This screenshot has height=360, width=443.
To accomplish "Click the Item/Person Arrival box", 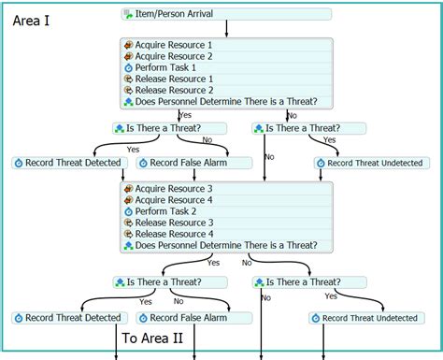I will click(226, 14).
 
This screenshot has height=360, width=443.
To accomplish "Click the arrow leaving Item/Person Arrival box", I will click(226, 28).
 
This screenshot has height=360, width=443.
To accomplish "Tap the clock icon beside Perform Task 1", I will click(128, 68).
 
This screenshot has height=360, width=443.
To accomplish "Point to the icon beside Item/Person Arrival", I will click(128, 14).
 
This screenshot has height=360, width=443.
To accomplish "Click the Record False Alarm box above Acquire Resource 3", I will click(193, 163).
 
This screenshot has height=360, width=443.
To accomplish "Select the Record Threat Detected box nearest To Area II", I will click(67, 318).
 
